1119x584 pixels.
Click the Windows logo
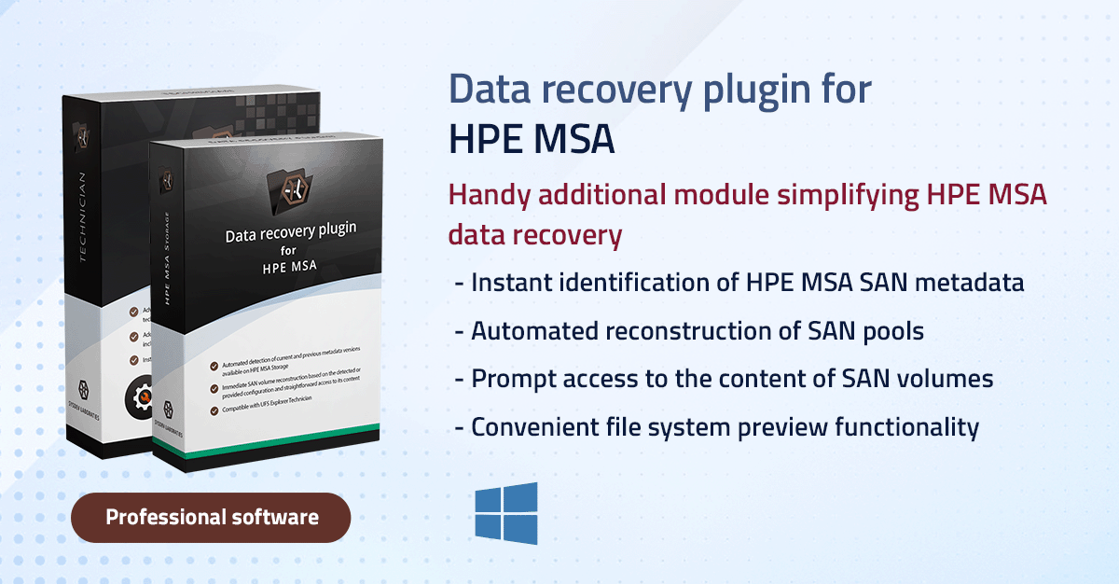pyautogui.click(x=505, y=513)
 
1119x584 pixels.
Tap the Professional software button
pyautogui.click(x=211, y=517)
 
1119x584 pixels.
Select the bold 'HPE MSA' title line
pyautogui.click(x=532, y=139)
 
